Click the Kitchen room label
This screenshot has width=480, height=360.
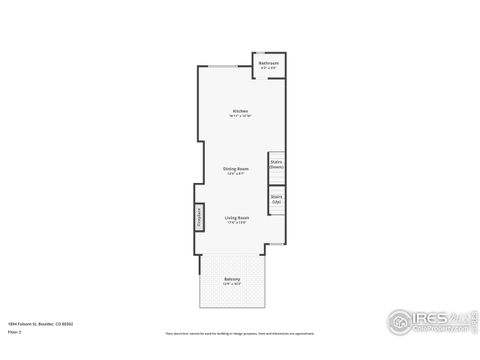pyautogui.click(x=240, y=110)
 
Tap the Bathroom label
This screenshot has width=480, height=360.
pyautogui.click(x=268, y=63)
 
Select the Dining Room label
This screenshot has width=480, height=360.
pyautogui.click(x=236, y=169)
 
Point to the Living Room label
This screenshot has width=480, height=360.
pyautogui.click(x=237, y=217)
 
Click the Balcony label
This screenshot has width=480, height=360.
pyautogui.click(x=232, y=279)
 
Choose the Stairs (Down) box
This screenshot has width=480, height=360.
pyautogui.click(x=276, y=164)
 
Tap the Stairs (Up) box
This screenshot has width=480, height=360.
pyautogui.click(x=276, y=199)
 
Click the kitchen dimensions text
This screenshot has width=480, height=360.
pyautogui.click(x=240, y=116)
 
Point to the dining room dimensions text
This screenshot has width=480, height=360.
pyautogui.click(x=236, y=174)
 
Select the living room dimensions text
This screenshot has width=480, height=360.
pyautogui.click(x=237, y=222)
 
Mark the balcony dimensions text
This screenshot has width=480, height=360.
pyautogui.click(x=232, y=284)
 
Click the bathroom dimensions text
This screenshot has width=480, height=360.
pyautogui.click(x=268, y=68)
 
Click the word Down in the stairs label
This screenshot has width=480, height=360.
pyautogui.click(x=276, y=167)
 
